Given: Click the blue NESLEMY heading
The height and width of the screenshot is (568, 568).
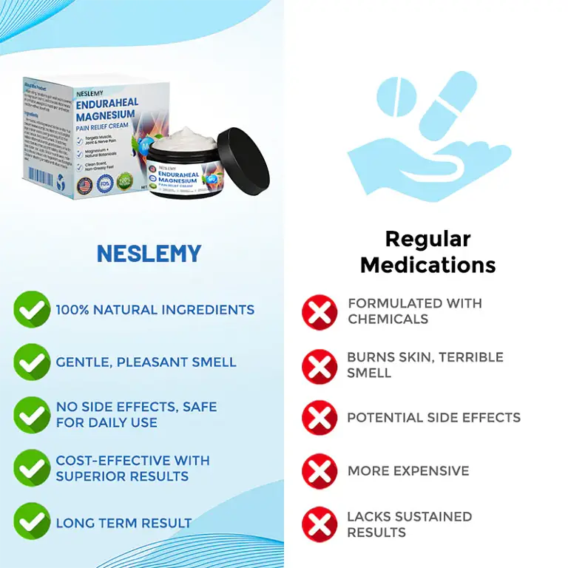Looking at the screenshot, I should pyautogui.click(x=149, y=254).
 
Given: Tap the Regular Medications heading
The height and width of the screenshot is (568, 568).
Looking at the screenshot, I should pyautogui.click(x=427, y=251).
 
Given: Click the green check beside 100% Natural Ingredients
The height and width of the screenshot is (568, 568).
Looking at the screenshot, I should pyautogui.click(x=32, y=309).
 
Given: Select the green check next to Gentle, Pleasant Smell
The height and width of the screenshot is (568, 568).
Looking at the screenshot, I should pyautogui.click(x=32, y=362).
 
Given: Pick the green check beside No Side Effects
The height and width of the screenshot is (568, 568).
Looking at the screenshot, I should pyautogui.click(x=32, y=415).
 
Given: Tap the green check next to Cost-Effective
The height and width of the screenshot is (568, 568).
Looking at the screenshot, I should pyautogui.click(x=32, y=468).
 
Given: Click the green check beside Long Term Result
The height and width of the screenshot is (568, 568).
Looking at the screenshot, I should pyautogui.click(x=32, y=521).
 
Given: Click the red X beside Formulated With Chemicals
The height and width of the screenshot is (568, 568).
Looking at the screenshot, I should pyautogui.click(x=319, y=311).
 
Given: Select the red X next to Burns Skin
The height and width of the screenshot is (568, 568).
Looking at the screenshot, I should pyautogui.click(x=319, y=365).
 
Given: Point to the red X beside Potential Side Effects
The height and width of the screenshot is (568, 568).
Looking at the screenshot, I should pyautogui.click(x=319, y=417).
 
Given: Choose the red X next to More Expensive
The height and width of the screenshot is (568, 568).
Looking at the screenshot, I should pyautogui.click(x=319, y=470).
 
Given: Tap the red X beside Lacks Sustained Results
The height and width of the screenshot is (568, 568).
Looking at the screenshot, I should pyautogui.click(x=319, y=524).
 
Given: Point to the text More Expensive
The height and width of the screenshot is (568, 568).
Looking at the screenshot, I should pyautogui.click(x=408, y=470).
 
